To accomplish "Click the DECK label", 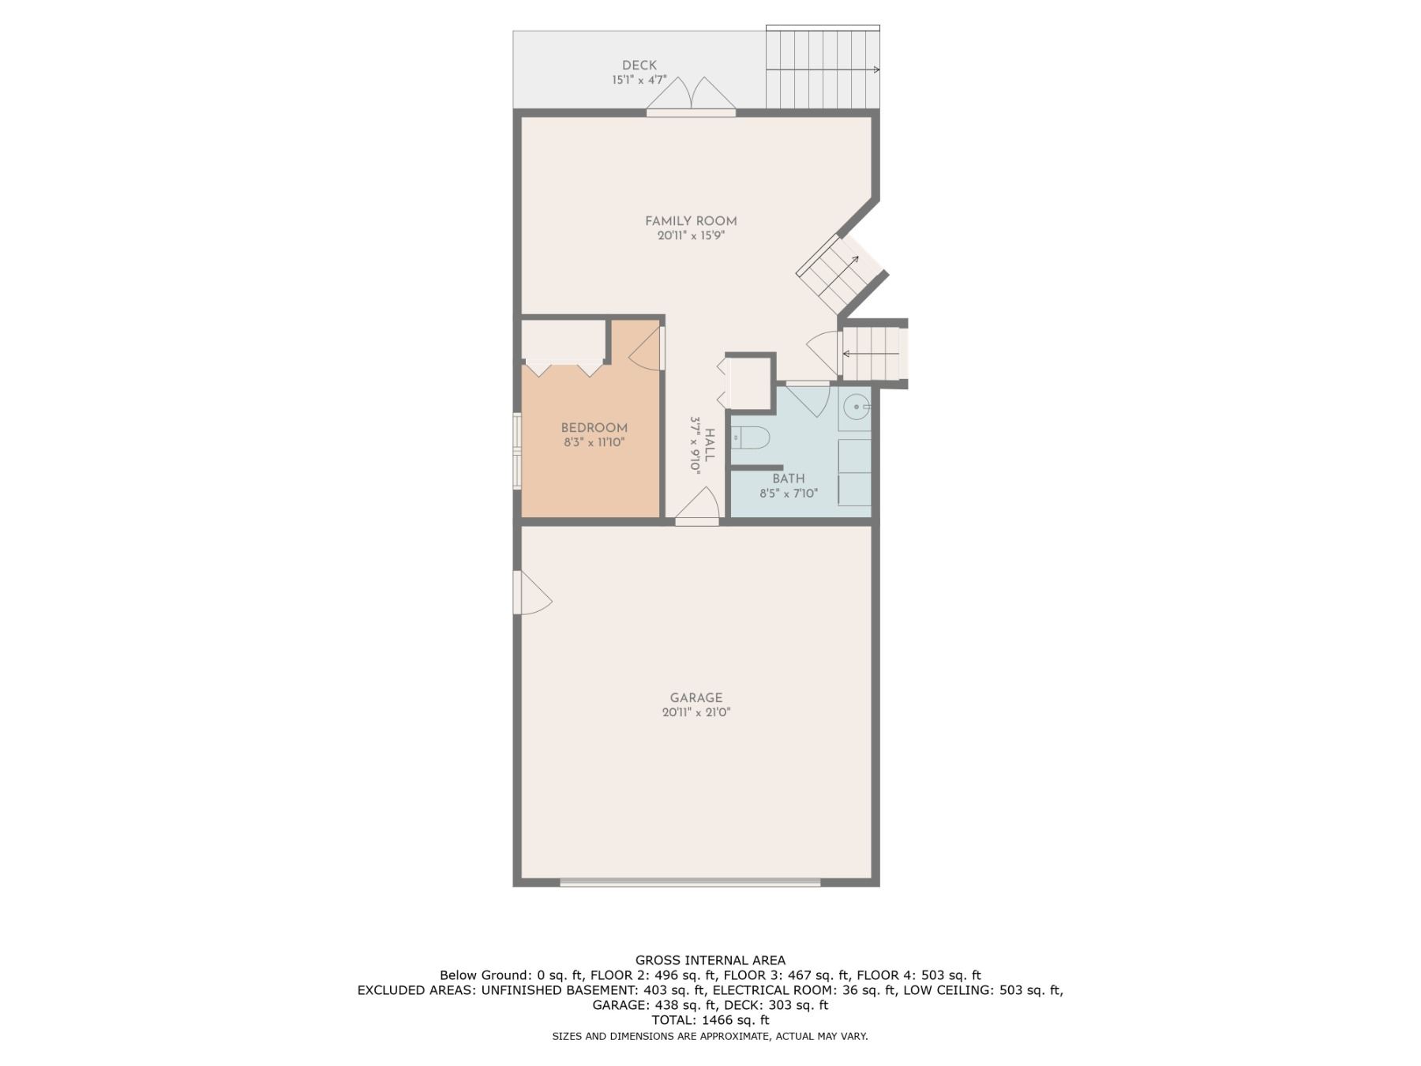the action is tap(639, 66).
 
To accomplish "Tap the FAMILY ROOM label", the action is tap(691, 221).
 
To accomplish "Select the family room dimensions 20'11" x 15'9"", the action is tap(691, 235).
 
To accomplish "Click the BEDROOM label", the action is tap(594, 428).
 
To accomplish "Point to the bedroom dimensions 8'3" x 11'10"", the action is tap(594, 442).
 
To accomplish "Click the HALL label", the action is tap(710, 445).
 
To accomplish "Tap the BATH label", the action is tap(789, 479).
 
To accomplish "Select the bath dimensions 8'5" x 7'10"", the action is tap(789, 494).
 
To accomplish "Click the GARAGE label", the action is tap(696, 698).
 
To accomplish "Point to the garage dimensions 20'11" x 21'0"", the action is tap(696, 712).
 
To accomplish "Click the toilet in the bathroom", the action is tap(749, 437).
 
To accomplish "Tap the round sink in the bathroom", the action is tap(855, 408).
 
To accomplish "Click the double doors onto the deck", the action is tap(692, 95).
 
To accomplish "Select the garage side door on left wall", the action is tap(531, 592).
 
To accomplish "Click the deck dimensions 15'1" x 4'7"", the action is tap(639, 80).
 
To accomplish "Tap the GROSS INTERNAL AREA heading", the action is tap(710, 960).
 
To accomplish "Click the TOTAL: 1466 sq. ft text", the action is tap(710, 1020).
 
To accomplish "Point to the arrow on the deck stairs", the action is tap(823, 69).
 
